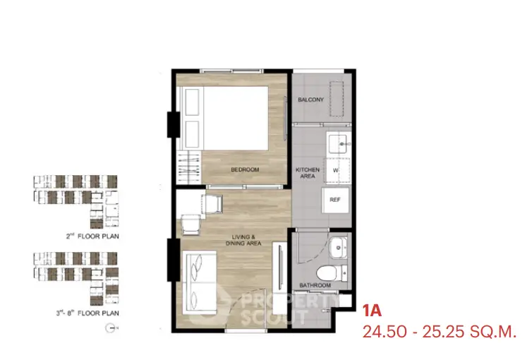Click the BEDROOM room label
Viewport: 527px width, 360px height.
click(245, 169)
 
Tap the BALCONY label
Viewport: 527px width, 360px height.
click(310, 100)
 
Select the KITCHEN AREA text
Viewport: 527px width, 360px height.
click(308, 173)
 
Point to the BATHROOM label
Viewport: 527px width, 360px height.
click(315, 285)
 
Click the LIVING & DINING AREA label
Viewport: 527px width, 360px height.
click(243, 240)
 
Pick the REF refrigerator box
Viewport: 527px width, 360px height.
click(334, 200)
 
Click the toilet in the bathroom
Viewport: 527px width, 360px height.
click(332, 273)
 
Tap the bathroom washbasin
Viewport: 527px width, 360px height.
click(338, 248)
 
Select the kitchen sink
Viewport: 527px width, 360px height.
click(339, 144)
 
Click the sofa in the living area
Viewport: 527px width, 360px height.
click(199, 282)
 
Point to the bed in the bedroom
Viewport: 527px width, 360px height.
click(225, 119)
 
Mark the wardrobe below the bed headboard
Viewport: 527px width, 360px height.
click(189, 167)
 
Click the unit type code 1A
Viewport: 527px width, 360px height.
click(372, 311)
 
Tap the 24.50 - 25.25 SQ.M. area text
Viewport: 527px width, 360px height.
click(439, 332)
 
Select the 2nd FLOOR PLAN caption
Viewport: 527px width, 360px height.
click(92, 236)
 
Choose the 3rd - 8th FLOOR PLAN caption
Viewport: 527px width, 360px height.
click(87, 313)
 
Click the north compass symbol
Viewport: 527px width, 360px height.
click(110, 328)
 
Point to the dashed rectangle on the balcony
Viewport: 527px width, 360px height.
click(337, 99)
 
